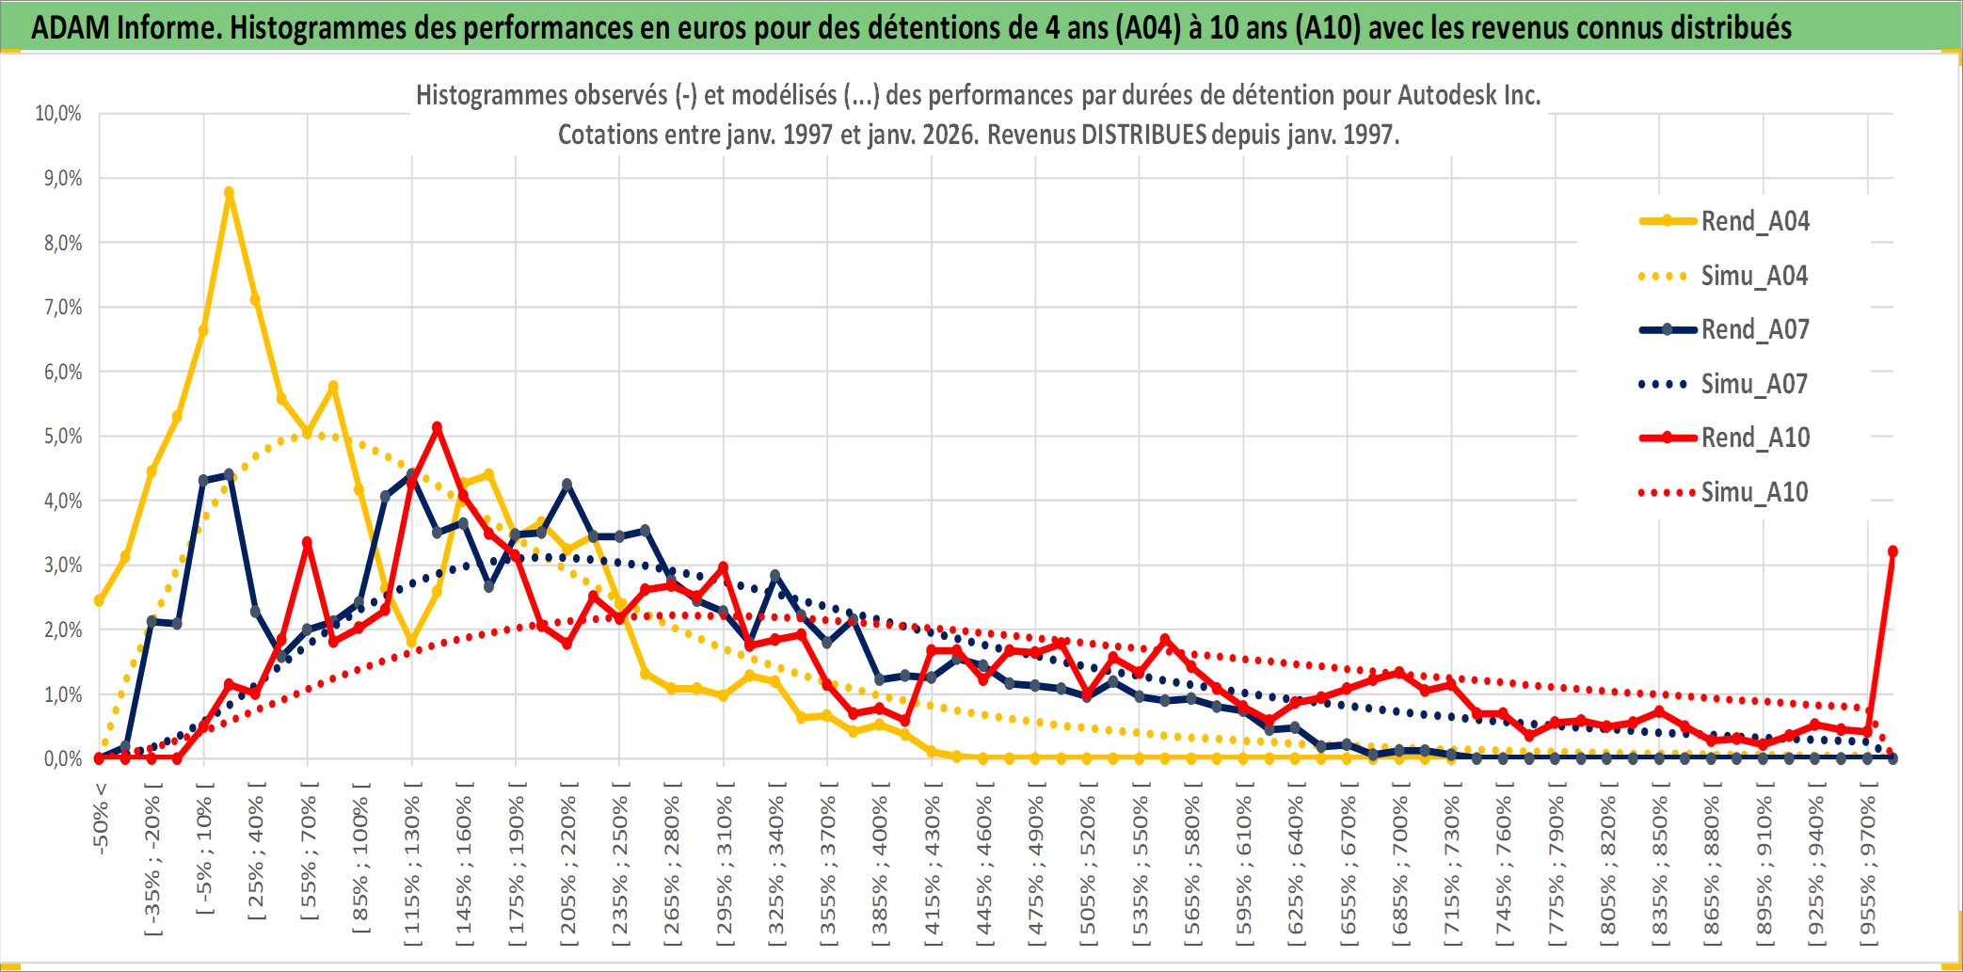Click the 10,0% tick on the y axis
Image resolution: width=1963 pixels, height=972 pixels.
[58, 114]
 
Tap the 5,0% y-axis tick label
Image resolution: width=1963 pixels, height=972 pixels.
[62, 437]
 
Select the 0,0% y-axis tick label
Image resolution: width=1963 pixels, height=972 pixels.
[62, 758]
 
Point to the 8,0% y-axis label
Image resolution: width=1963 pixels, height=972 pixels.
[62, 243]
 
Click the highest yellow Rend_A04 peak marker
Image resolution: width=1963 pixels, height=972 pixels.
[229, 192]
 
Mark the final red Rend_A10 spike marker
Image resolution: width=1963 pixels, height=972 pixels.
[1892, 551]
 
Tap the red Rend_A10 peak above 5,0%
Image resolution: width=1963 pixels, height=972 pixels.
[437, 427]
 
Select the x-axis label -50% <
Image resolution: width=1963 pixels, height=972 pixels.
[101, 819]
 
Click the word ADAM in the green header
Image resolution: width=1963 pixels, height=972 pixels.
[71, 27]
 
